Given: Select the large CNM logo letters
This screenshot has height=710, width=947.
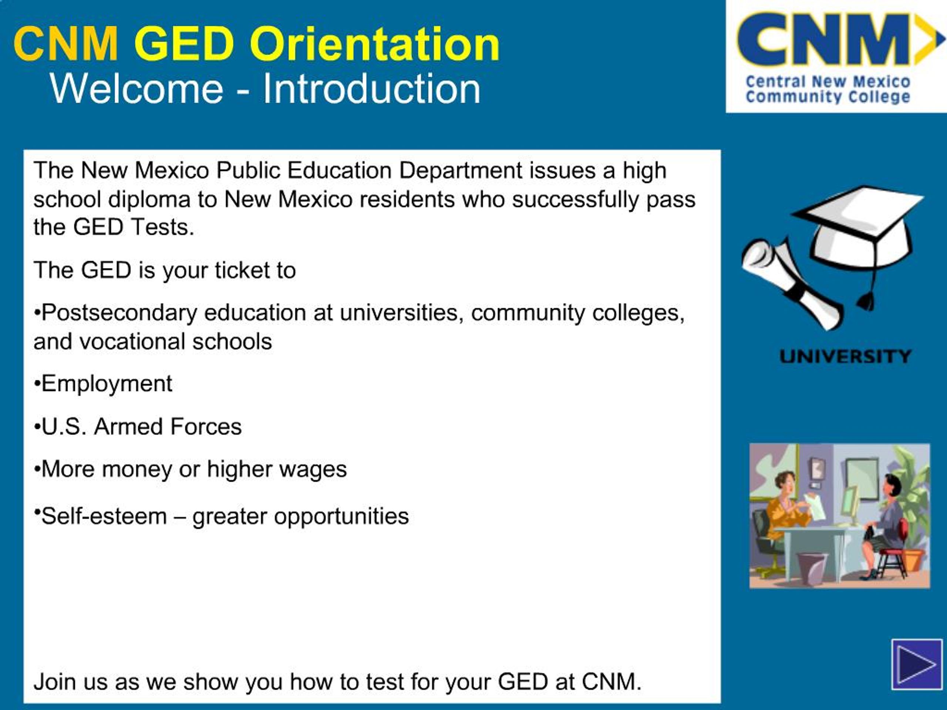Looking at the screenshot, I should tap(824, 39).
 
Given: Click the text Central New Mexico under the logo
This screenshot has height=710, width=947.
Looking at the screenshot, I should tap(828, 81).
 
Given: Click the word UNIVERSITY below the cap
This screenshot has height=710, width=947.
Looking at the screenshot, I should tap(845, 356).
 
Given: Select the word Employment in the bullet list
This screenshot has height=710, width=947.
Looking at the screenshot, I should tap(107, 383).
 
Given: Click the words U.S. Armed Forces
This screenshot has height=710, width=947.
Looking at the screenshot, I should tap(142, 427).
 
